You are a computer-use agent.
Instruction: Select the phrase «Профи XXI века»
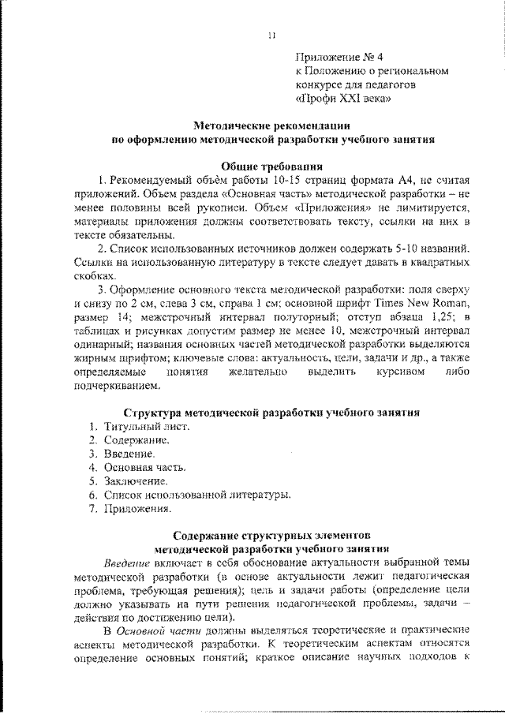342,99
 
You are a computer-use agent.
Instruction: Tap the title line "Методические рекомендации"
272,125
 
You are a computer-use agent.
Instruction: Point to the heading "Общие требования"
271,166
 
